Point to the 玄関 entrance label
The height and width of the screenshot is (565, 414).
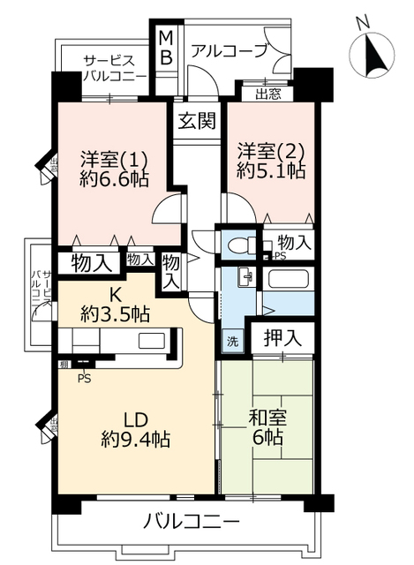pos(196,121)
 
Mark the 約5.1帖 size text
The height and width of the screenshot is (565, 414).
pos(271,172)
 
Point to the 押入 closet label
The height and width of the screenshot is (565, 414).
pos(280,336)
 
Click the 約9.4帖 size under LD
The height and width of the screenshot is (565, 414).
pos(135,439)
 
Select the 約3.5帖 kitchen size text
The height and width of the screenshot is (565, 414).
pos(116,313)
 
